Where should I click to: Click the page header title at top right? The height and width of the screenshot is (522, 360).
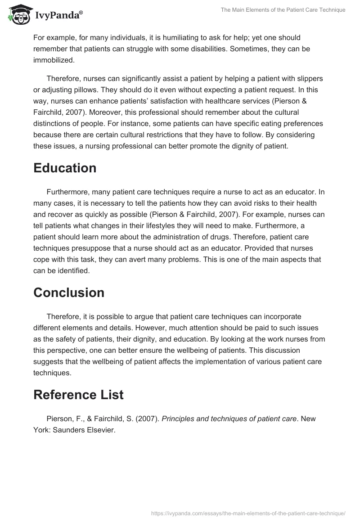pos(283,10)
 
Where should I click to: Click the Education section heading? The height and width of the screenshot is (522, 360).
pos(65,168)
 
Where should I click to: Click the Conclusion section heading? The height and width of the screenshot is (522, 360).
pos(69,292)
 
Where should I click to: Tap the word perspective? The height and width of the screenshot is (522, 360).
pos(67,350)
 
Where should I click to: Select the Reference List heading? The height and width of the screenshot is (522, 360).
pos(78,395)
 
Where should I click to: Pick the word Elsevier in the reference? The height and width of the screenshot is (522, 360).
pos(102,429)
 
